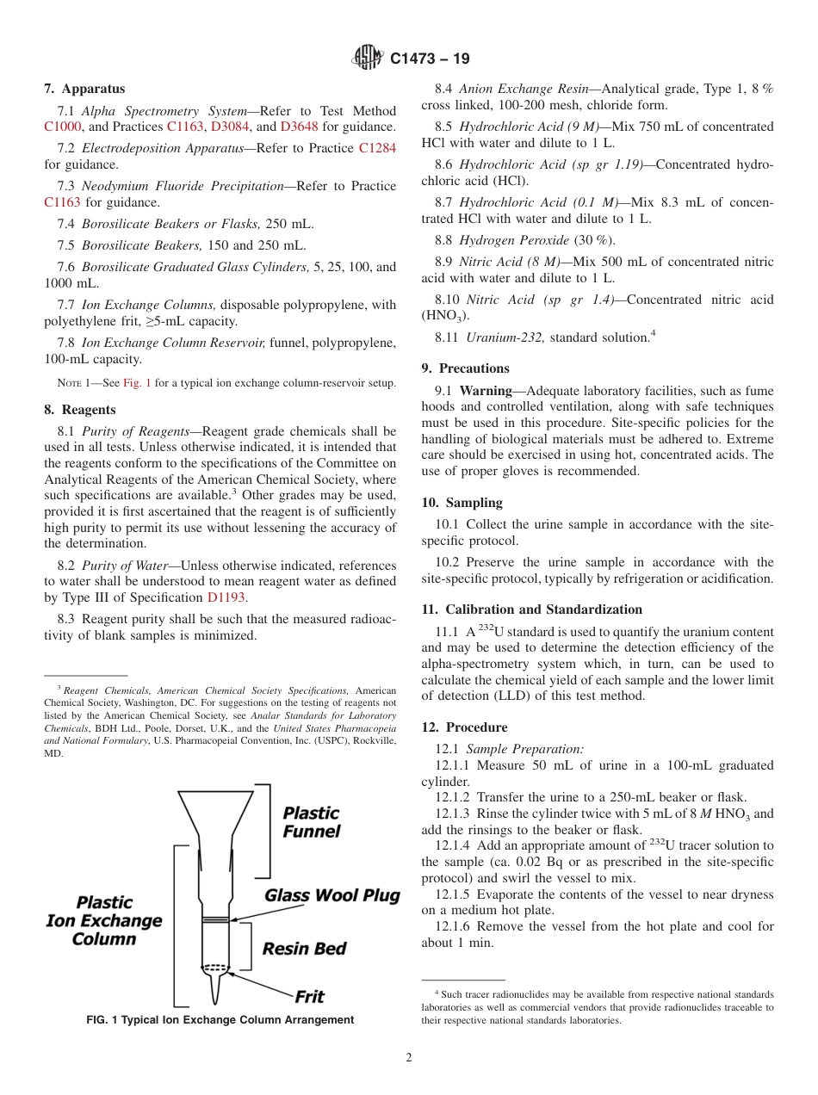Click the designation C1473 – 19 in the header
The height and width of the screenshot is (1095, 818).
click(x=430, y=59)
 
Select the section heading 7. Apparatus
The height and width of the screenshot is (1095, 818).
click(x=84, y=89)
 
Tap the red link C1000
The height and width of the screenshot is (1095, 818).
click(x=62, y=127)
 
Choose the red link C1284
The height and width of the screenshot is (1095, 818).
click(x=377, y=148)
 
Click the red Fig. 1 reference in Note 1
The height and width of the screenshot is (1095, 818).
click(x=136, y=383)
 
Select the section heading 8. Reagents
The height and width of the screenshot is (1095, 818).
click(x=80, y=410)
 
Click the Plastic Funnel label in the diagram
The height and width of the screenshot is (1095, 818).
click(x=311, y=822)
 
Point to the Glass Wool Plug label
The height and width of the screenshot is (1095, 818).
click(x=332, y=895)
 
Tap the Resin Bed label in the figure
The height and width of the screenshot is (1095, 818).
click(x=304, y=949)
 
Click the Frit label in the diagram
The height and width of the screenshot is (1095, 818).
click(x=309, y=997)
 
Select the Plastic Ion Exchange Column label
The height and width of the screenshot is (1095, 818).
click(x=103, y=920)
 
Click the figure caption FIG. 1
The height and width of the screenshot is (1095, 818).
click(x=220, y=1020)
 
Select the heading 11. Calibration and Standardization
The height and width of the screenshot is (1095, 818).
click(x=531, y=609)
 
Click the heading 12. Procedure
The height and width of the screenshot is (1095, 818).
click(x=464, y=727)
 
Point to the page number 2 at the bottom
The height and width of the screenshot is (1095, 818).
click(x=409, y=1058)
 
